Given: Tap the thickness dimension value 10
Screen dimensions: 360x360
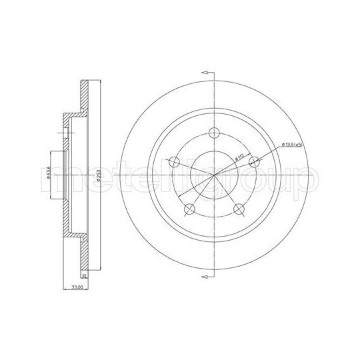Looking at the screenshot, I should [84, 274].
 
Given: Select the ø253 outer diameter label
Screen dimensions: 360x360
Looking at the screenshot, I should [98, 172].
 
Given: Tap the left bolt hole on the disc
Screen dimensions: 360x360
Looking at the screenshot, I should [174, 161].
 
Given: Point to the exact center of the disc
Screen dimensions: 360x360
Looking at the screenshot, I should [214, 175].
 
